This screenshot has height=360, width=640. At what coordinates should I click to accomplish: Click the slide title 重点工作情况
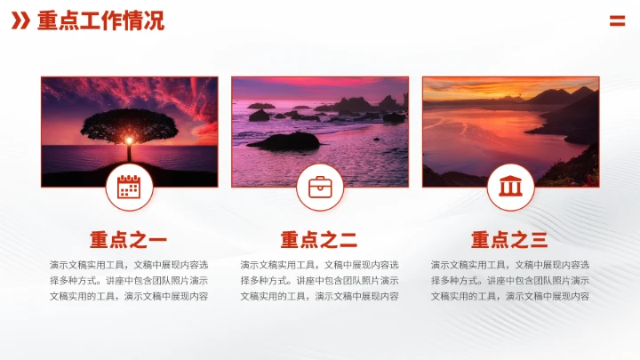[x=100, y=21]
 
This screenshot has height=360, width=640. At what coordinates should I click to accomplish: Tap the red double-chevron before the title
[x=20, y=21]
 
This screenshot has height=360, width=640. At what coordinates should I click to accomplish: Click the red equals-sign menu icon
[x=617, y=21]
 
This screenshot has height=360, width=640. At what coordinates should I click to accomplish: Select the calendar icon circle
[x=130, y=187]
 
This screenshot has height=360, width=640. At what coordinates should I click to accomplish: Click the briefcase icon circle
[x=320, y=187]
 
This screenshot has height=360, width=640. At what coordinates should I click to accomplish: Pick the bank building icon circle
[x=510, y=187]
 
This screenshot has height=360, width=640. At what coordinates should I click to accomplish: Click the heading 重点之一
[x=129, y=240]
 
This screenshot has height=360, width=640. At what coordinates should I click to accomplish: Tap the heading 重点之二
[x=319, y=240]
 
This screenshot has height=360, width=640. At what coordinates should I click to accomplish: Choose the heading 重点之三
[x=509, y=240]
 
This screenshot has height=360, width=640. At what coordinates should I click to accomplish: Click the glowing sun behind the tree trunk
[x=129, y=140]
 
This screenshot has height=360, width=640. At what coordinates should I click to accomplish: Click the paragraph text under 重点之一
[x=129, y=280]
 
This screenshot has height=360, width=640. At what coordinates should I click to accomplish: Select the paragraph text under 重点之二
[x=319, y=280]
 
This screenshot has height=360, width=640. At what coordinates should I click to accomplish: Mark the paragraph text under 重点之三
[x=509, y=280]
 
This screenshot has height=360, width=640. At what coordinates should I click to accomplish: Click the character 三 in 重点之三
[x=538, y=240]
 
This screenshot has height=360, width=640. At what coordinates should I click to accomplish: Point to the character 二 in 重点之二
[x=348, y=240]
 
